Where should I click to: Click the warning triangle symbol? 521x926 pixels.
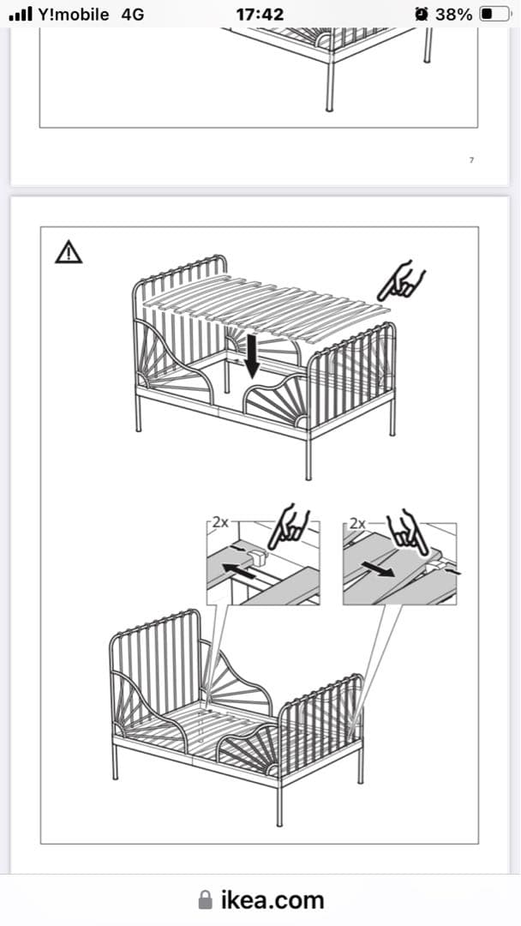click(69, 252)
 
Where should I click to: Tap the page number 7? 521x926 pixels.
click(471, 159)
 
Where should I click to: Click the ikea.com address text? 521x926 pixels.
click(272, 900)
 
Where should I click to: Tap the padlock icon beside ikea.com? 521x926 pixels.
click(205, 899)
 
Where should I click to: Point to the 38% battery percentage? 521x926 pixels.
click(453, 15)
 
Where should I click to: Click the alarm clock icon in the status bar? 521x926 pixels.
click(422, 15)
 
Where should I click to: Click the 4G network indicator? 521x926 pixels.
click(132, 15)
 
